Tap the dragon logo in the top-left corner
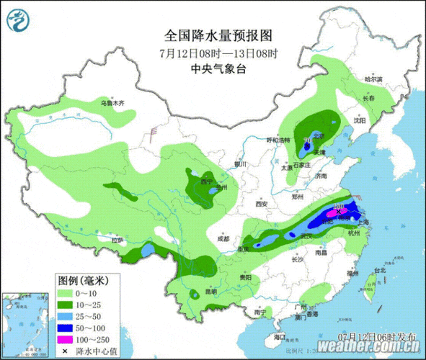coord(19,19)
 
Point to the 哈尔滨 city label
coord(372,78)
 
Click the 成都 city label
coord(223,238)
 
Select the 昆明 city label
coord(210,292)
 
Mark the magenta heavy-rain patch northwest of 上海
coord(343,212)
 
